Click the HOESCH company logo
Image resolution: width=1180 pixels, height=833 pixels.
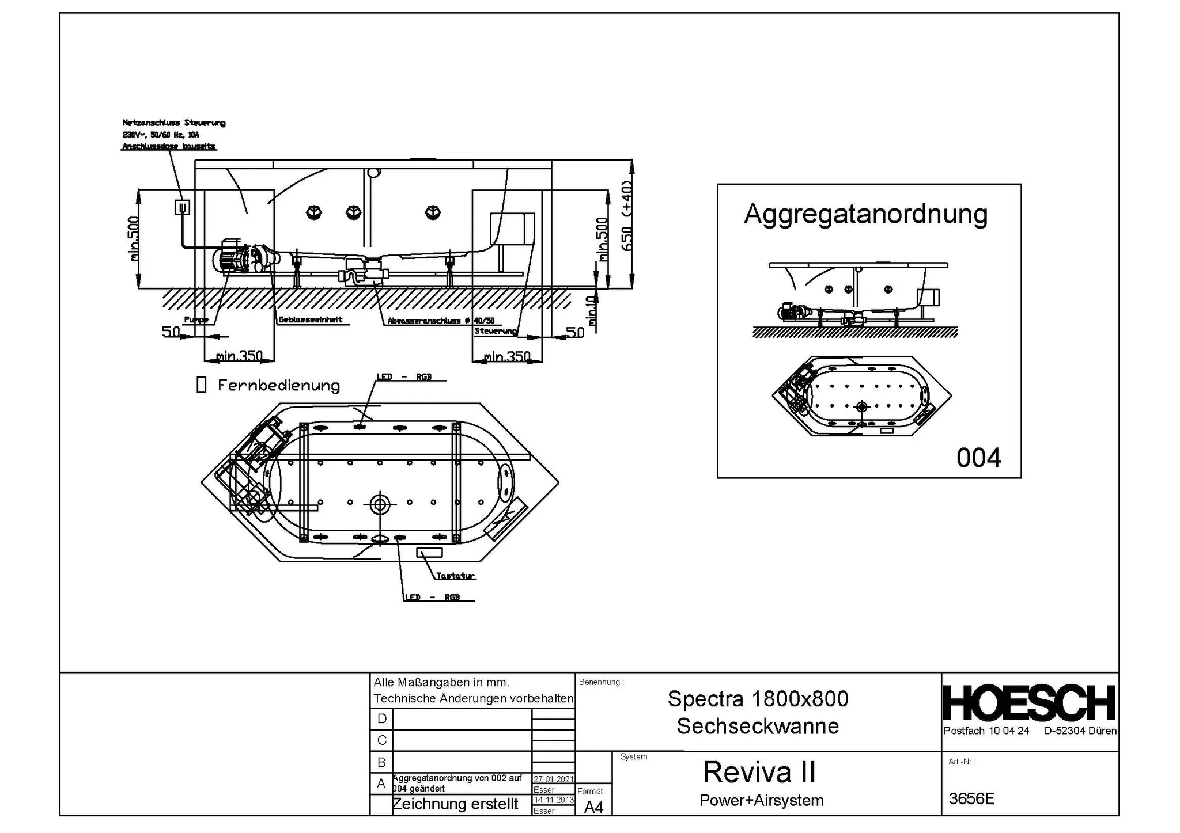[1029, 703]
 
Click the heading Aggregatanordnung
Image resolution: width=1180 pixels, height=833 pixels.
[865, 214]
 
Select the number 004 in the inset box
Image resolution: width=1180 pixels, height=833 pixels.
[978, 458]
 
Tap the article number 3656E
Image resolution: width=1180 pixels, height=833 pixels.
[971, 799]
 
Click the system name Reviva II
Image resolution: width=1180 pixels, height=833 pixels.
[759, 773]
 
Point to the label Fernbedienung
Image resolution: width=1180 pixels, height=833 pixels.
[278, 386]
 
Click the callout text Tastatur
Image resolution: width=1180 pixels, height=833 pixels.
[455, 576]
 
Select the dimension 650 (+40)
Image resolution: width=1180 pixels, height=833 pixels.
[627, 216]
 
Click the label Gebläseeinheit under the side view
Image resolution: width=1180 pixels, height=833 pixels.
[311, 320]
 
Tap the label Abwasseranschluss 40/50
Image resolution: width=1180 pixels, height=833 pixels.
[441, 321]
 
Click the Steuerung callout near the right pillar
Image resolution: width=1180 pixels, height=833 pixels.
[495, 331]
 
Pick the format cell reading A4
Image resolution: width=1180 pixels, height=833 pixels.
[593, 808]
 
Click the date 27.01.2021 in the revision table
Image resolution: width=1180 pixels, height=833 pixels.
[553, 779]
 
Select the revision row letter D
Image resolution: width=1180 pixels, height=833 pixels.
[381, 719]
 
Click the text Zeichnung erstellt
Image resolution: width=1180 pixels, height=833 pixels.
[455, 804]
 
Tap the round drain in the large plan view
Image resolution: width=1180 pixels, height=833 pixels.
[380, 505]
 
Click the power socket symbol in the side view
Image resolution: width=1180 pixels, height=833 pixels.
[182, 207]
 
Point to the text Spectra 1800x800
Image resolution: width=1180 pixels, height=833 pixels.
[758, 699]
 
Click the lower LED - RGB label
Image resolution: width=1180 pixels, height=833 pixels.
[432, 598]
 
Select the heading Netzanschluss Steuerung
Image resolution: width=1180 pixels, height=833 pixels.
[173, 123]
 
